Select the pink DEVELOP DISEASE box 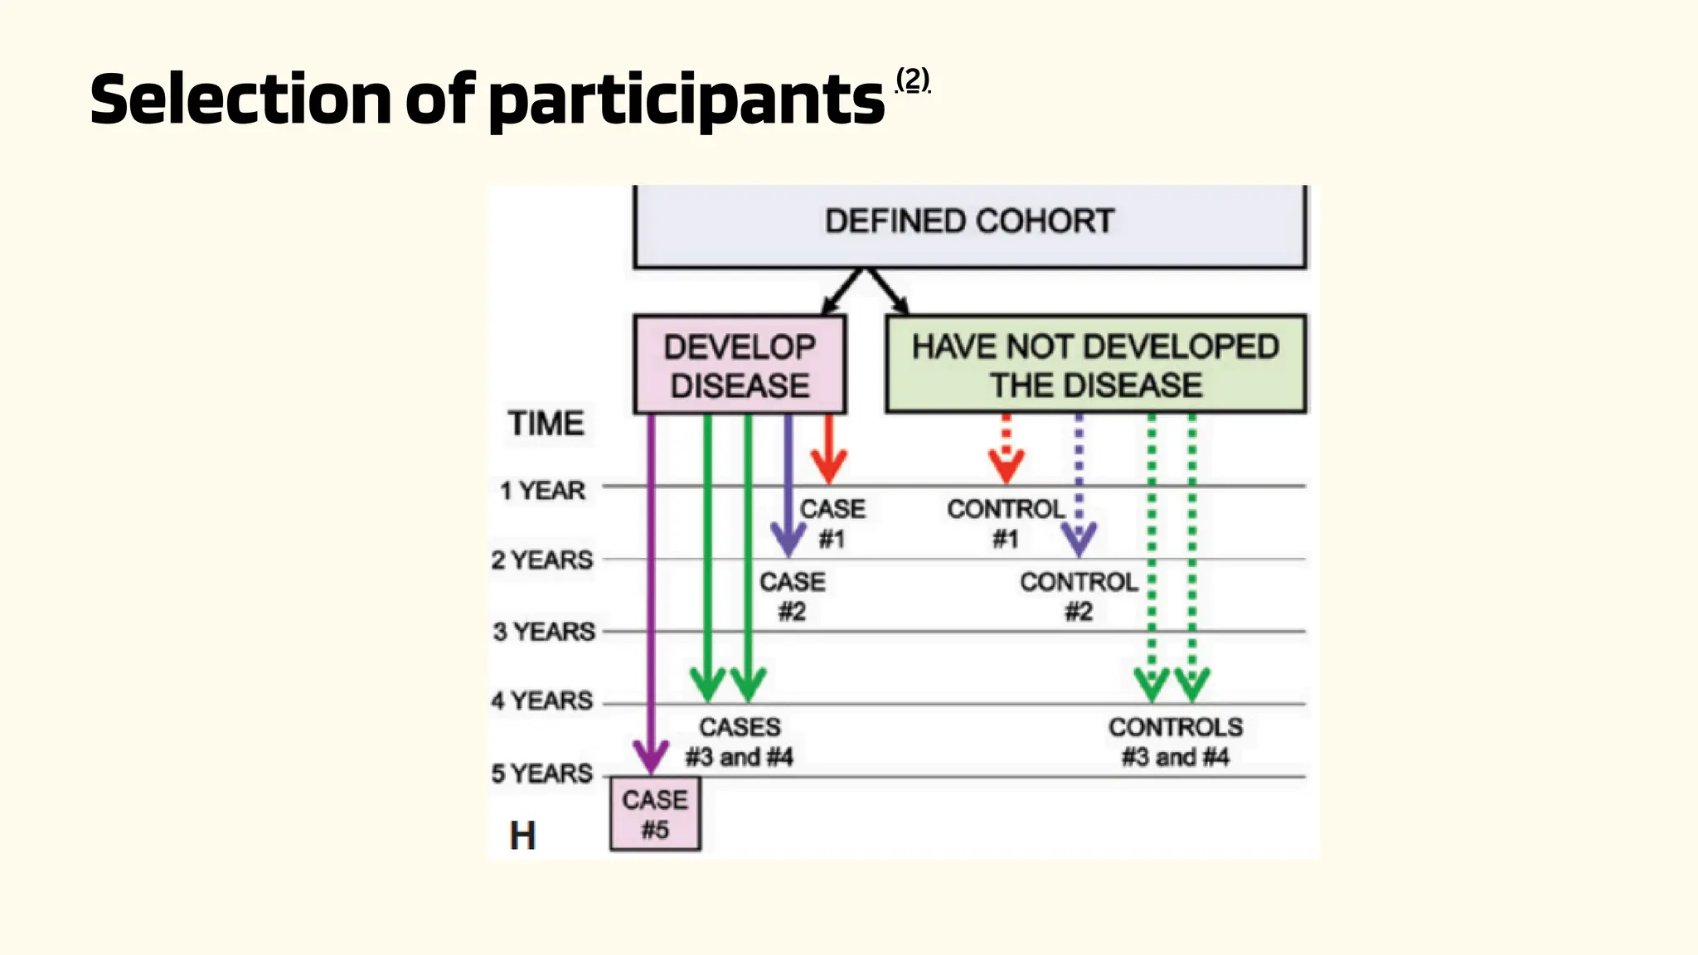(740, 366)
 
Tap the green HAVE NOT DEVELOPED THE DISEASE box (1095, 365)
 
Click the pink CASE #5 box (655, 814)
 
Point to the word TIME (546, 424)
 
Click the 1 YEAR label (543, 490)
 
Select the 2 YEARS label (542, 560)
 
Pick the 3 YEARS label (544, 632)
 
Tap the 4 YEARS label (542, 701)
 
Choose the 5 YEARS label (542, 773)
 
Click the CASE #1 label (832, 524)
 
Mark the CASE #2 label (793, 597)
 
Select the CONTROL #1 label (1006, 524)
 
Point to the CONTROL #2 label (1079, 597)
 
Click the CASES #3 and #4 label (740, 742)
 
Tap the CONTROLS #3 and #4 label (1176, 742)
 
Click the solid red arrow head (828, 468)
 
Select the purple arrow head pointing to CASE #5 (651, 757)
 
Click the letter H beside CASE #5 (522, 836)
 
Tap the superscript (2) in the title (913, 80)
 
